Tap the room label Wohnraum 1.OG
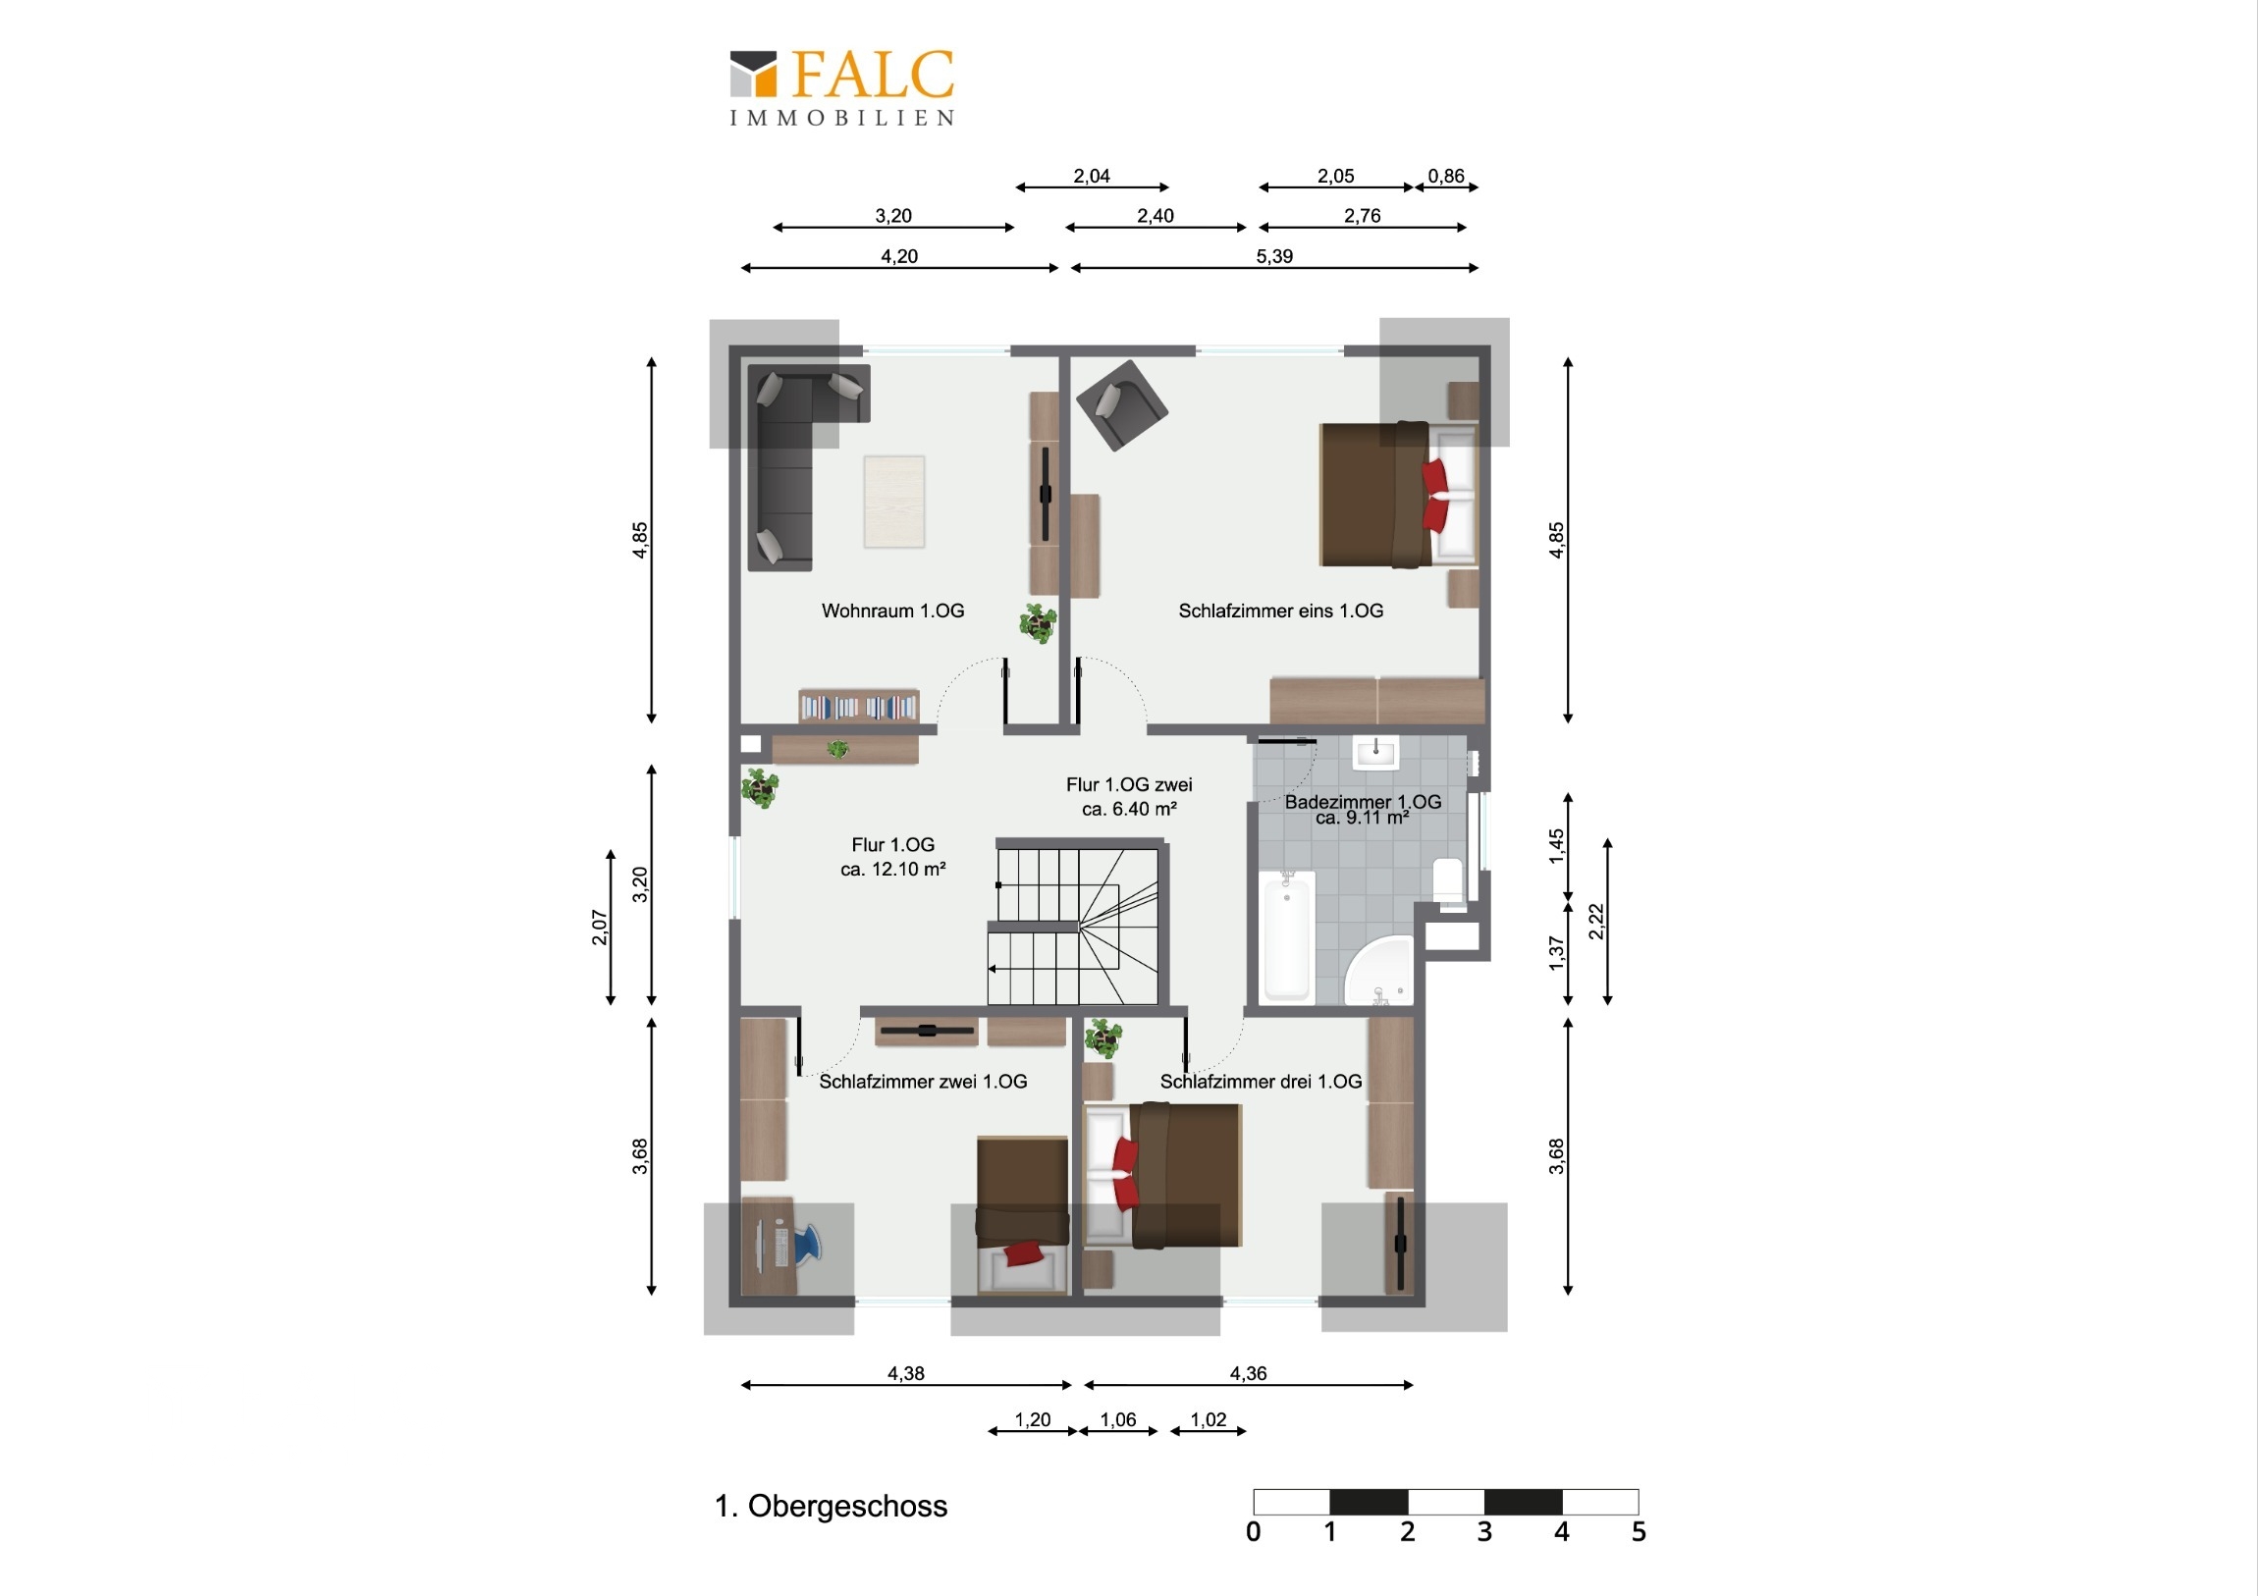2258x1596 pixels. pyautogui.click(x=893, y=611)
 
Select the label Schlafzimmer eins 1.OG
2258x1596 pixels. pyautogui.click(x=1280, y=611)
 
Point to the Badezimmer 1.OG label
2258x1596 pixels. pyautogui.click(x=1363, y=802)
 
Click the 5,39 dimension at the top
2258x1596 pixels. pyautogui.click(x=1274, y=256)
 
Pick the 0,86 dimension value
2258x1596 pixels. pyautogui.click(x=1447, y=176)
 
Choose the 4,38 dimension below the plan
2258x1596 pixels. pyautogui.click(x=906, y=1374)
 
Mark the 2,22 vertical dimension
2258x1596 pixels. pyautogui.click(x=1596, y=922)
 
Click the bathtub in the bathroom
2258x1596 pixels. pyautogui.click(x=1287, y=935)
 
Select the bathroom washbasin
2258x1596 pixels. pyautogui.click(x=1374, y=753)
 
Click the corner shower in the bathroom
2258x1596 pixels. pyautogui.click(x=1378, y=971)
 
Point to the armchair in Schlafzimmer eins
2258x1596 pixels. pyautogui.click(x=1122, y=404)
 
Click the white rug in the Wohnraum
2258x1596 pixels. pyautogui.click(x=894, y=502)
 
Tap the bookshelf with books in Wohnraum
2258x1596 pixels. pyautogui.click(x=859, y=706)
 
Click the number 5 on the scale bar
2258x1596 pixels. pyautogui.click(x=1639, y=1531)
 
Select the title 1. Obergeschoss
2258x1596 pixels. pyautogui.click(x=831, y=1507)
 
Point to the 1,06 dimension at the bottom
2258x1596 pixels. pyautogui.click(x=1118, y=1420)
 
